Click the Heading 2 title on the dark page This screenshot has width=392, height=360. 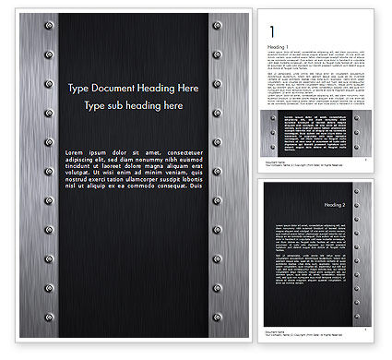(x=336, y=205)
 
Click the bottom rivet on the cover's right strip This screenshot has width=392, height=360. (x=216, y=327)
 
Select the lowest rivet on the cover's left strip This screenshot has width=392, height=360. (x=48, y=327)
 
